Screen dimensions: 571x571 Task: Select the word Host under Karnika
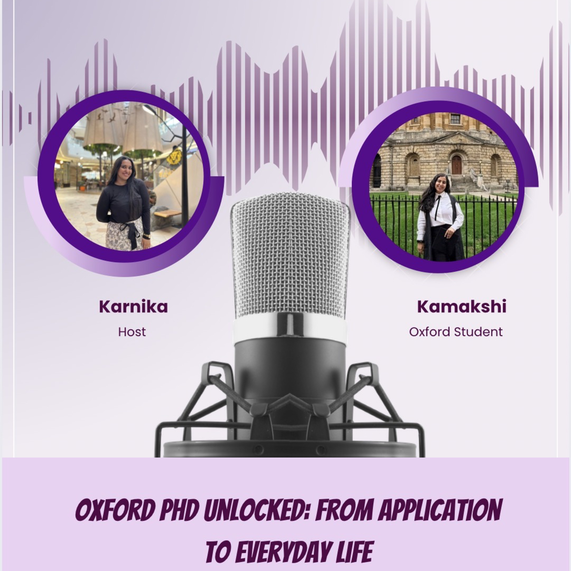point(132,332)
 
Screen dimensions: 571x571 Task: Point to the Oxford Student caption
point(456,332)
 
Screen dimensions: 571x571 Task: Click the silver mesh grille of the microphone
point(290,254)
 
